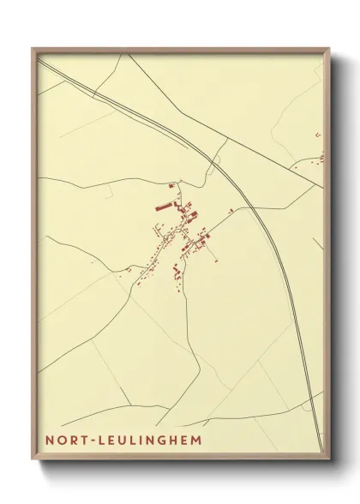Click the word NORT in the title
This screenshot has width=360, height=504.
tap(63, 440)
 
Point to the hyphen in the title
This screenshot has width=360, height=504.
tap(88, 440)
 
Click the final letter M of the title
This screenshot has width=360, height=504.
tap(197, 440)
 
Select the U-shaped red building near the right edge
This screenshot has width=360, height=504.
tap(318, 135)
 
